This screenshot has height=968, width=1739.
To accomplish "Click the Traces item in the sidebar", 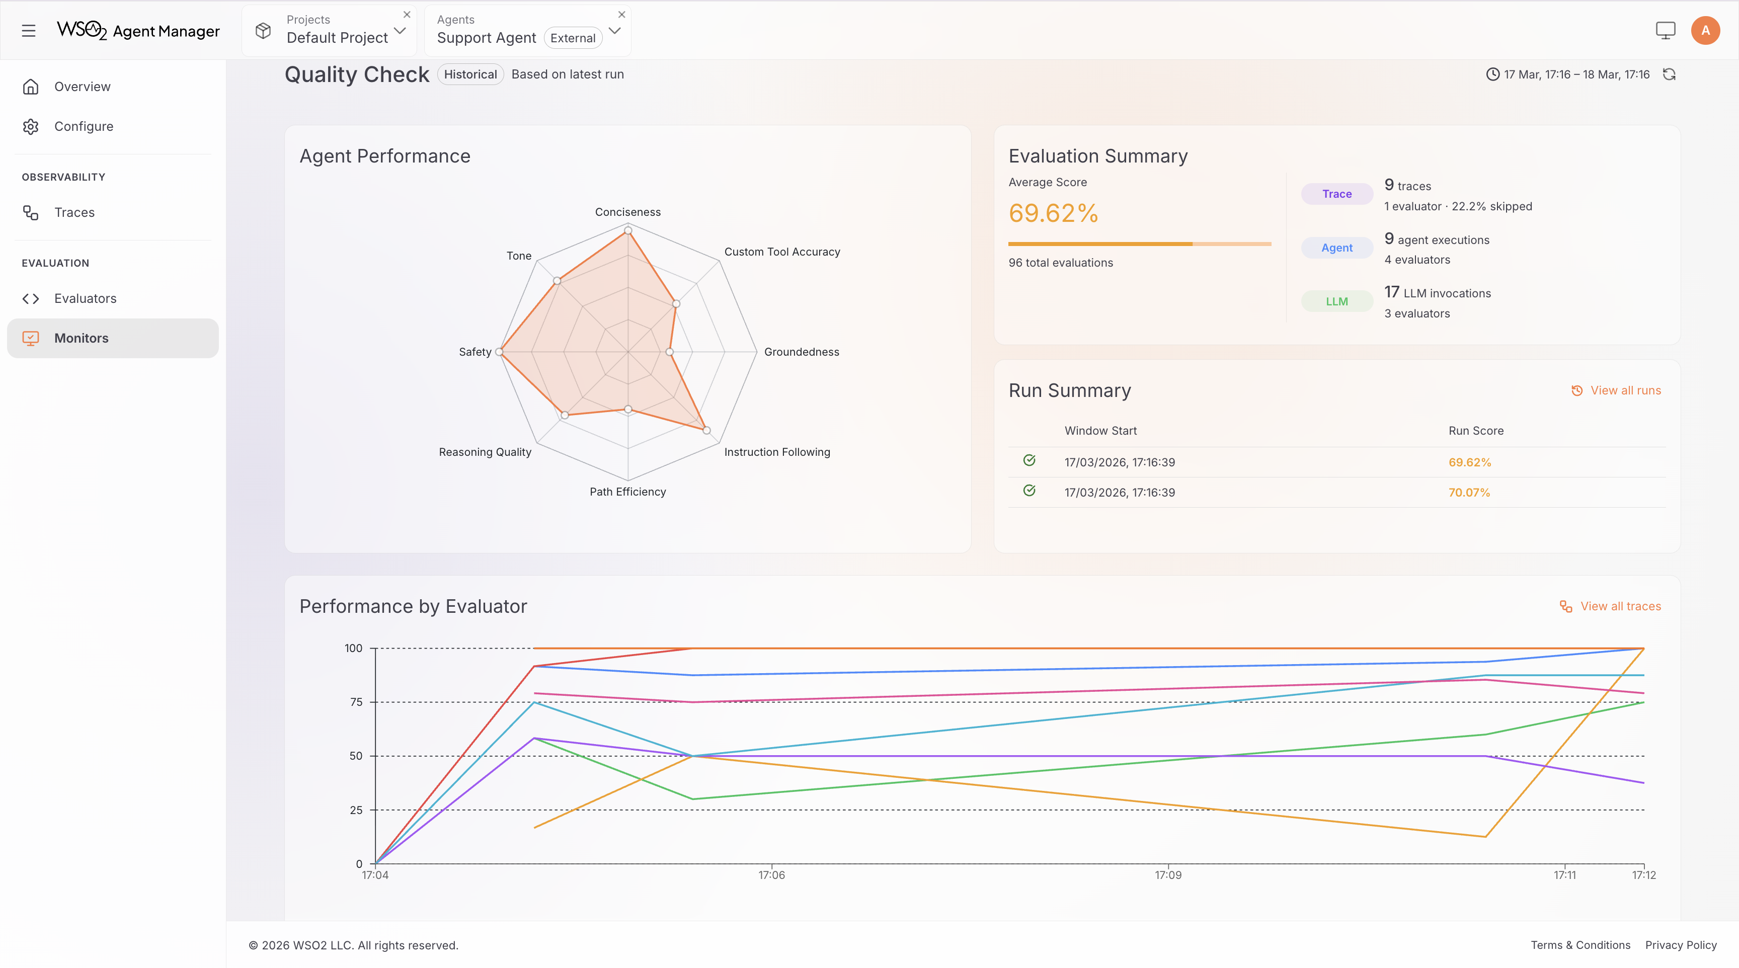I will coord(74,213).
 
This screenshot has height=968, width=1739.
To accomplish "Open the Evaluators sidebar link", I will coord(85,298).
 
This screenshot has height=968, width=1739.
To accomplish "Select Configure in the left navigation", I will coord(84,126).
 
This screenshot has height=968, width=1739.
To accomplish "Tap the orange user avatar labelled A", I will coord(1705,30).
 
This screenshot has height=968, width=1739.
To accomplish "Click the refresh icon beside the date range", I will coord(1670,74).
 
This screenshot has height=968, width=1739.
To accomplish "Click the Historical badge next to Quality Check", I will coord(470,74).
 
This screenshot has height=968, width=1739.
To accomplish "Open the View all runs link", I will coord(1625,390).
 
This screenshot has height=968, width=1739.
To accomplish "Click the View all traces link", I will coord(1620,606).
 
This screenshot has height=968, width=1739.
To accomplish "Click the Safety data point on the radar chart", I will coord(500,352).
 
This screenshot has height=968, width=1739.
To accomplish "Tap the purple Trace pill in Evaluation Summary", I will coord(1336,194).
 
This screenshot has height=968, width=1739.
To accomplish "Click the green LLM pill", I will coord(1336,301).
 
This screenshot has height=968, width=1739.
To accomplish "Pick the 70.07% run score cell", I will coord(1469,492).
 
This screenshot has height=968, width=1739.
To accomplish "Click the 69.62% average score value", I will coord(1053,213).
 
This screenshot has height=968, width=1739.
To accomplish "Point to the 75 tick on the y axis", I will coord(356,702).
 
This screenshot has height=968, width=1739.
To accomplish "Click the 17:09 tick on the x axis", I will coord(1168,875).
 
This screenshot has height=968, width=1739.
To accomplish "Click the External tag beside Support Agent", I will coord(573,38).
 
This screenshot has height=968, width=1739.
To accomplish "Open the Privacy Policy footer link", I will coord(1680,945).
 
